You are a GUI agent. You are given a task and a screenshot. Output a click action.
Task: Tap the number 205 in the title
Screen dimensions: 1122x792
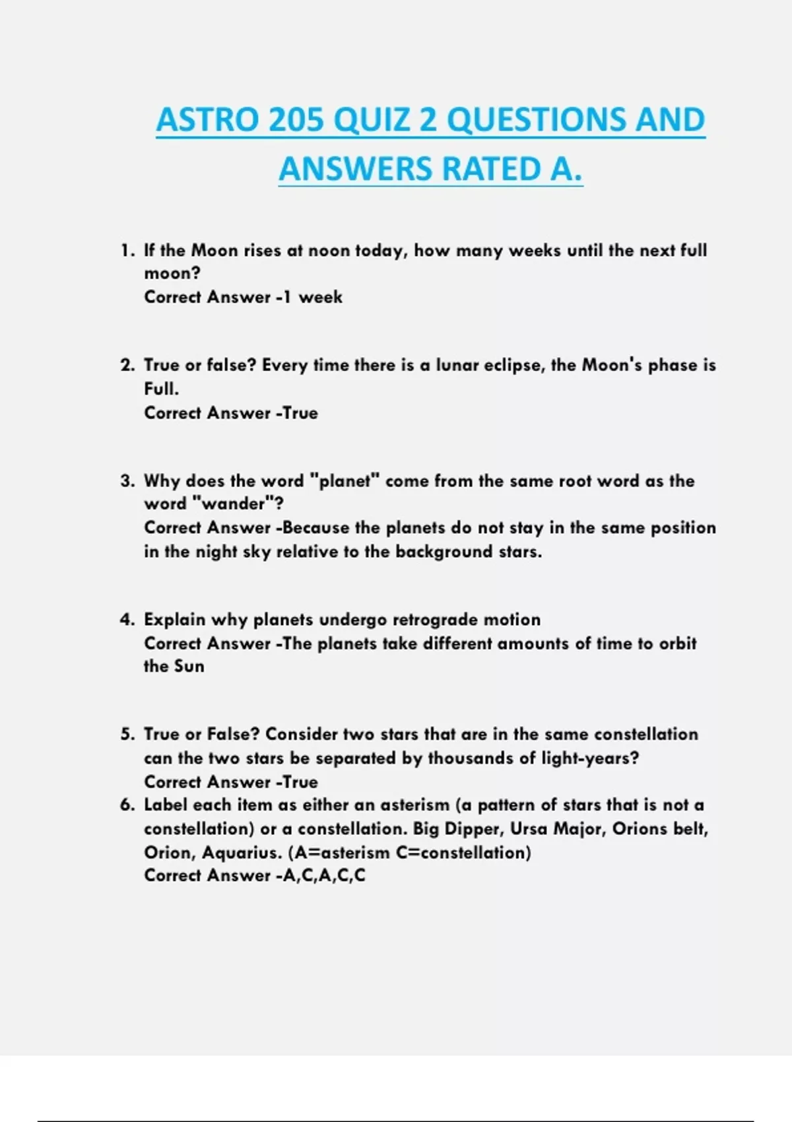[x=297, y=120]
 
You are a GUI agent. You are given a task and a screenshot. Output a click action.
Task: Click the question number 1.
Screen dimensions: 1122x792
[x=127, y=251]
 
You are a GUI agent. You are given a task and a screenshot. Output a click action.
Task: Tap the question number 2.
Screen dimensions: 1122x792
[x=127, y=366]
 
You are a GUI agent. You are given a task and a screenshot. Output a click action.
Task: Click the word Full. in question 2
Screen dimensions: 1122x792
[x=161, y=389]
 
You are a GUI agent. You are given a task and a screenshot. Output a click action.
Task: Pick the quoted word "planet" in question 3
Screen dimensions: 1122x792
[x=344, y=480]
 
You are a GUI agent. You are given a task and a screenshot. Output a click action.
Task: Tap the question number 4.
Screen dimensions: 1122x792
[x=127, y=620]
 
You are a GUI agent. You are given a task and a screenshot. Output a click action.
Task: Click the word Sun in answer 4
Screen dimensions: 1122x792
[x=189, y=666]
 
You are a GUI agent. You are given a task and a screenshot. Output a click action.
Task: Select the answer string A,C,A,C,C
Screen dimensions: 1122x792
[x=323, y=876]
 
